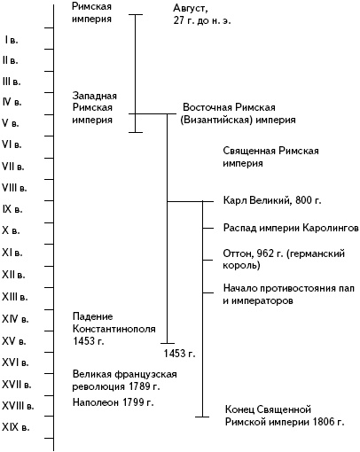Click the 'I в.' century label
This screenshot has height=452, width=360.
pyautogui.click(x=12, y=40)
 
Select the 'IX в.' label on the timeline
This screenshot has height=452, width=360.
pyautogui.click(x=14, y=208)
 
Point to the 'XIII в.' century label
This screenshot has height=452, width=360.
pyautogui.click(x=15, y=296)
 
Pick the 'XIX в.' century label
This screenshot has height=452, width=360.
pyautogui.click(x=15, y=426)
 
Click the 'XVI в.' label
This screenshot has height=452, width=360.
pyautogui.click(x=15, y=361)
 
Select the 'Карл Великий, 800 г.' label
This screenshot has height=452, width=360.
pyautogui.click(x=271, y=201)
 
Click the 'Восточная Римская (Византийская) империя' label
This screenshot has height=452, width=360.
pyautogui.click(x=238, y=112)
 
